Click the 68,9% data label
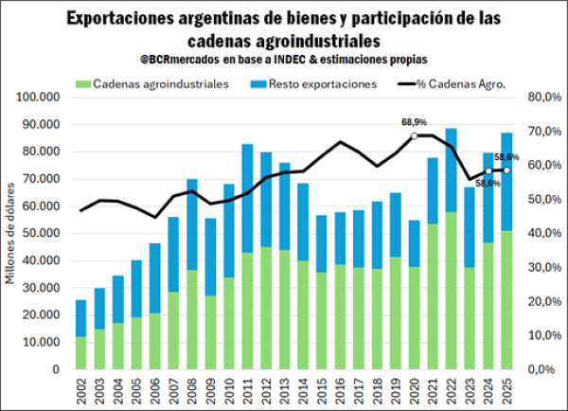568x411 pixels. [415, 123]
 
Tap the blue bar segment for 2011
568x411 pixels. [247, 198]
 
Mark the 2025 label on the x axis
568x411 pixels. [506, 387]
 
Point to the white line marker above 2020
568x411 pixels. [415, 135]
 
